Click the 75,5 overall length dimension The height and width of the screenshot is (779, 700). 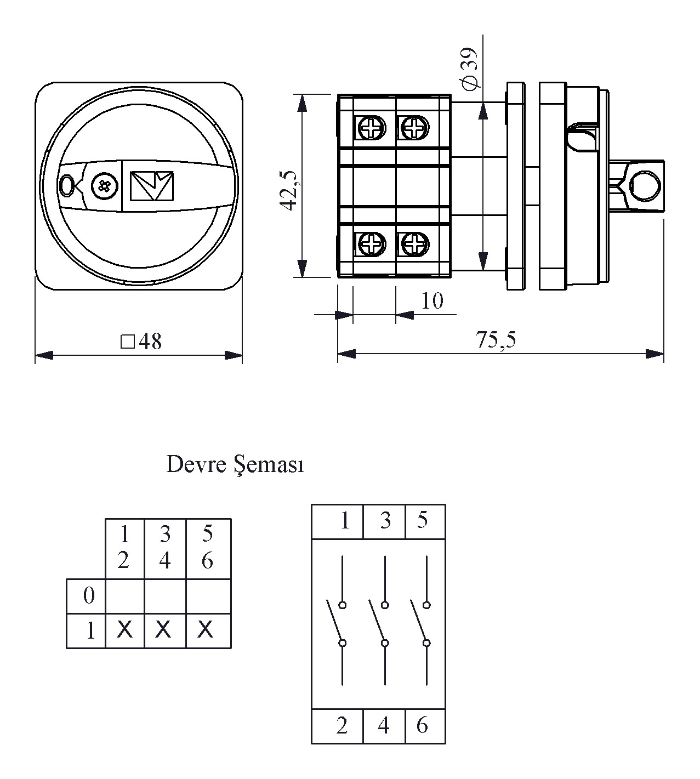(x=496, y=340)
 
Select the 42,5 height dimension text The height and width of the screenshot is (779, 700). (x=288, y=190)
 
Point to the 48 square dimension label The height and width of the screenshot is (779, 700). (x=141, y=342)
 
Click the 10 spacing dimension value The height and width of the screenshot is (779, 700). (x=432, y=301)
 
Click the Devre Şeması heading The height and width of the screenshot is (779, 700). (x=235, y=465)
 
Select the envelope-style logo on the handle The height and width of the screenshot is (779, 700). (x=151, y=186)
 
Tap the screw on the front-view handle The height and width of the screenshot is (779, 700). (x=105, y=185)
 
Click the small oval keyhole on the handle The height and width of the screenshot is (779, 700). (x=67, y=185)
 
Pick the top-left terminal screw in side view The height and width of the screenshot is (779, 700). (x=371, y=129)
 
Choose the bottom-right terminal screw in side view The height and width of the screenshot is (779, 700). (x=414, y=243)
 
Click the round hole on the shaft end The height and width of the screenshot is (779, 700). (x=645, y=185)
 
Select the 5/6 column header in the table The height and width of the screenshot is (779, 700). (x=207, y=547)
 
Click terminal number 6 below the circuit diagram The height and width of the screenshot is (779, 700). (x=422, y=725)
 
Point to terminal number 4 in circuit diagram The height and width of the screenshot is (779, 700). (x=384, y=725)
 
